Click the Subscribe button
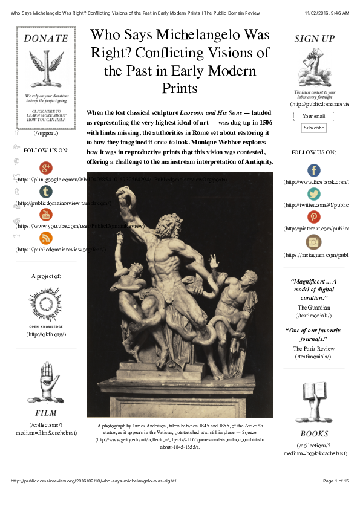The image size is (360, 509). (x=313, y=128)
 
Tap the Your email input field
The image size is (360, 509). (x=313, y=116)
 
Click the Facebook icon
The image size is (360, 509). (x=313, y=170)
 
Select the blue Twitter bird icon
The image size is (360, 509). (x=313, y=194)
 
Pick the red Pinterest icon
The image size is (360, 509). (x=313, y=217)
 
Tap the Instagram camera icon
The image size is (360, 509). (x=313, y=242)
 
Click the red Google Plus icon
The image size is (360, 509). (x=46, y=168)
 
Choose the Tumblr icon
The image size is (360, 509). (x=46, y=192)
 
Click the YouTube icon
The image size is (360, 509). (x=46, y=215)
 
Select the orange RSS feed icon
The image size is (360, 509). (x=46, y=238)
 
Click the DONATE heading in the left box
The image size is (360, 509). (x=46, y=38)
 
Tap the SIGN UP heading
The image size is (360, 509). (x=314, y=39)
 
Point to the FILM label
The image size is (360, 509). (x=46, y=413)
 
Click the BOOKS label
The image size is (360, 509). (x=314, y=433)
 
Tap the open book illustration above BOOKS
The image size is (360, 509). (x=314, y=401)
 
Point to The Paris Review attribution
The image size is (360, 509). (x=313, y=349)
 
